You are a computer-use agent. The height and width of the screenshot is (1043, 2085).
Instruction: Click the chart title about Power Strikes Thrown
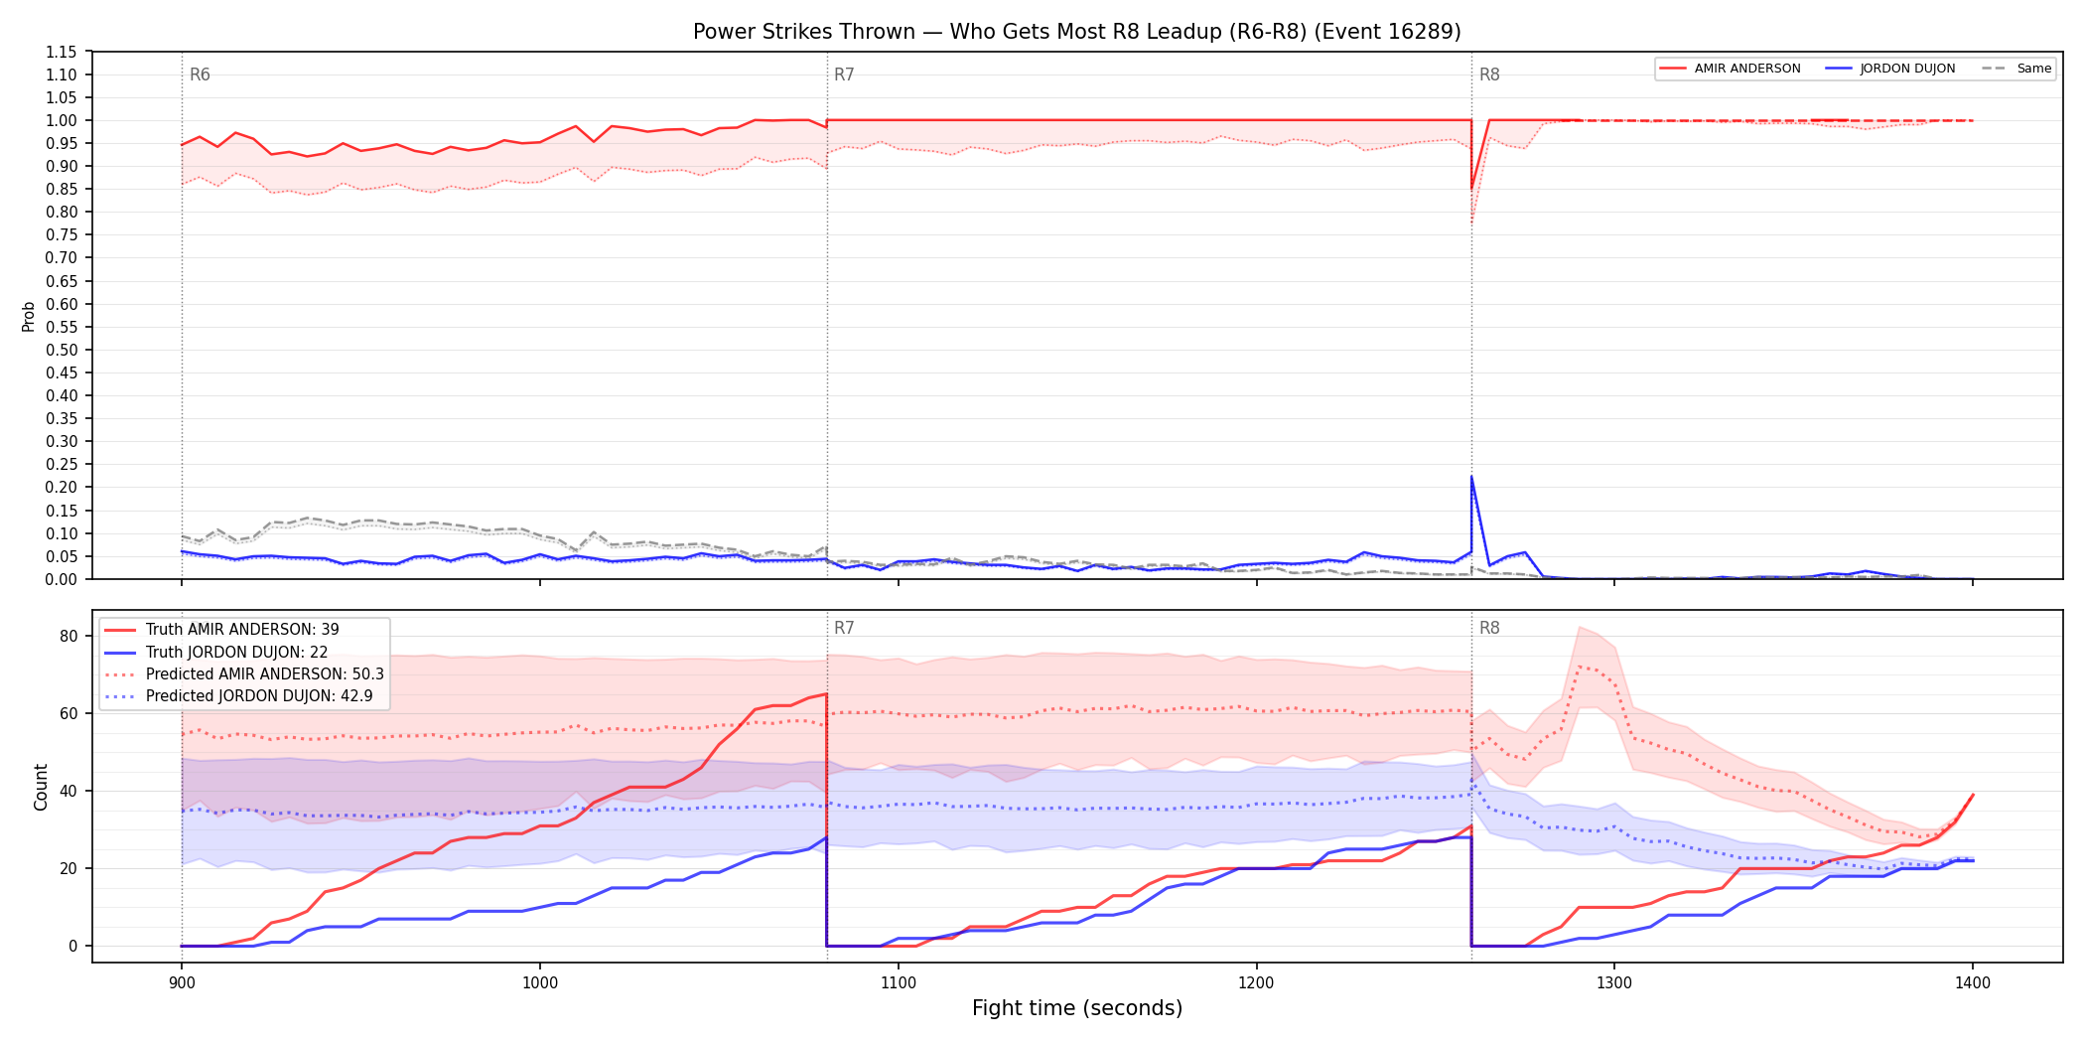(x=1077, y=32)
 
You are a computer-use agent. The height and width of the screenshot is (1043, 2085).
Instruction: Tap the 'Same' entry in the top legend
(x=2015, y=69)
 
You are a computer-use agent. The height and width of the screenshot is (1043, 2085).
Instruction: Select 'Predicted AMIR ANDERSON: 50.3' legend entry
(x=244, y=673)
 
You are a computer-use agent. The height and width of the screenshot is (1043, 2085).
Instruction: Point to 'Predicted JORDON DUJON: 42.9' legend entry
(x=238, y=695)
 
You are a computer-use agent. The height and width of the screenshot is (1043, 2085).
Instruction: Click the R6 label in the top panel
(x=200, y=74)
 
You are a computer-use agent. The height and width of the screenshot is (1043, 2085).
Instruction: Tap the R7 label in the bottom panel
(x=844, y=628)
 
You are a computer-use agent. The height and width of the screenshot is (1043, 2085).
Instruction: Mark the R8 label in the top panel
(x=1489, y=74)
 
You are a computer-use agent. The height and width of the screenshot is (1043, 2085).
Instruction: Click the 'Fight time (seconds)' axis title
(x=1077, y=1008)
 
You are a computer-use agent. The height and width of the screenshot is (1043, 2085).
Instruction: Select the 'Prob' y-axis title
(x=29, y=316)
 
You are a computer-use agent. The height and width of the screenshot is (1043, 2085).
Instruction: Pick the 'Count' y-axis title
(x=41, y=787)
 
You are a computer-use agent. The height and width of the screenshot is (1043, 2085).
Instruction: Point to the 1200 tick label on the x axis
(x=1256, y=982)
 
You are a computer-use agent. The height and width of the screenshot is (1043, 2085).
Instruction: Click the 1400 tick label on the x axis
(x=1973, y=982)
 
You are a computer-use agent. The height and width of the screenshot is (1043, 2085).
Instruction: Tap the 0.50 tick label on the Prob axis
(x=62, y=350)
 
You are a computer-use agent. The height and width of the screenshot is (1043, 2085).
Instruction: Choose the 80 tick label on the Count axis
(x=69, y=637)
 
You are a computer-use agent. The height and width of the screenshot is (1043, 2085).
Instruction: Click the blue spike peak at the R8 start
(x=1471, y=477)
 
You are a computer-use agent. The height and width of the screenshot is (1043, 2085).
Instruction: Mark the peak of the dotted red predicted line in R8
(x=1580, y=666)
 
